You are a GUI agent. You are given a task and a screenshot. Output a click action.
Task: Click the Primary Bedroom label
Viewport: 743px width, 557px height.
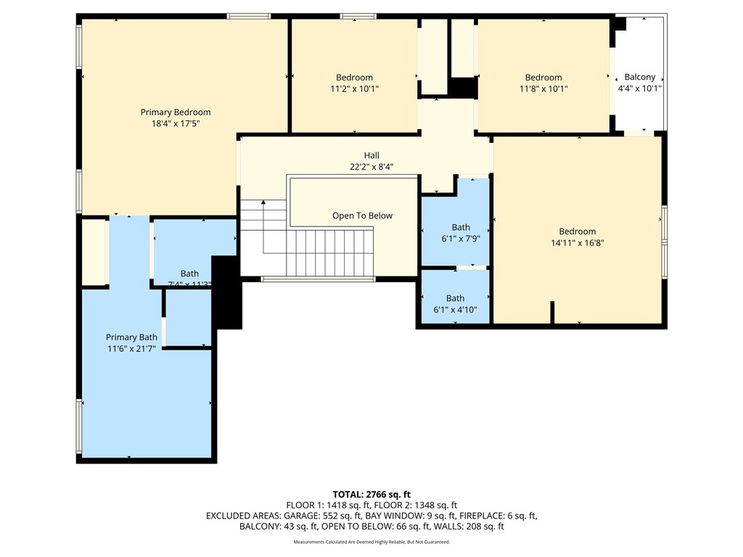pos(176,112)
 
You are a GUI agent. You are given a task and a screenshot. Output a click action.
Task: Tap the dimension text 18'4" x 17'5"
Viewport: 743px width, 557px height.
pos(176,124)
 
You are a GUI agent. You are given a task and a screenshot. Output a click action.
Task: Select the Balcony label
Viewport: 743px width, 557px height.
pos(639,77)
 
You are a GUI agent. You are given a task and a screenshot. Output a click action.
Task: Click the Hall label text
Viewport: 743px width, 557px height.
pos(371,155)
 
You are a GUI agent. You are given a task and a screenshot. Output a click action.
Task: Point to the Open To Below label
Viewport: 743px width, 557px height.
pos(362,215)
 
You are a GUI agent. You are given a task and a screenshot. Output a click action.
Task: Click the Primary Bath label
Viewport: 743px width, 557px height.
pos(131,337)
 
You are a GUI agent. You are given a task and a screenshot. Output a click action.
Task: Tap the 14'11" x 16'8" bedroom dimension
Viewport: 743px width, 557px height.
pos(578,244)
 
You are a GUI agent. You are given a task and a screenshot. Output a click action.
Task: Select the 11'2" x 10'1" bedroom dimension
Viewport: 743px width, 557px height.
pos(354,89)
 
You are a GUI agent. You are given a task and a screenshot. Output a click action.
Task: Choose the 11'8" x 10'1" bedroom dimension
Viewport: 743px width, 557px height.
pos(543,89)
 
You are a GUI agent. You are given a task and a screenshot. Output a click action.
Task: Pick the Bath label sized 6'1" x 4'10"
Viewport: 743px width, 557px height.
pos(455,298)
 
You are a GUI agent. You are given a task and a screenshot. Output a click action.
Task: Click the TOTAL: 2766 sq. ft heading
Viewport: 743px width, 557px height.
pos(371,495)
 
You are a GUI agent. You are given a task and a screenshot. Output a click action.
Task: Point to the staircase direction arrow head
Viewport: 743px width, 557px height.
pos(263,202)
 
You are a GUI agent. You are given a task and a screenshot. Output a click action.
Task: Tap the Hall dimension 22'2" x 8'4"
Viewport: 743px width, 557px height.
pos(371,167)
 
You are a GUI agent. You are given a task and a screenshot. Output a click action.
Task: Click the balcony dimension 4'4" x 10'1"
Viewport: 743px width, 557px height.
pos(639,88)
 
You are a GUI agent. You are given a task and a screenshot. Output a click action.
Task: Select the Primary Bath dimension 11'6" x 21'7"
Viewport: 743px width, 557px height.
pos(131,349)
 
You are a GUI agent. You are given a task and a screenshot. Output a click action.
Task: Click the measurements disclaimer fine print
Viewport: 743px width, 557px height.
pos(371,542)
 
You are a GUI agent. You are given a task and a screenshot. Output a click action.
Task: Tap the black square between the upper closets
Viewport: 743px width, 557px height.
pos(461,87)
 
